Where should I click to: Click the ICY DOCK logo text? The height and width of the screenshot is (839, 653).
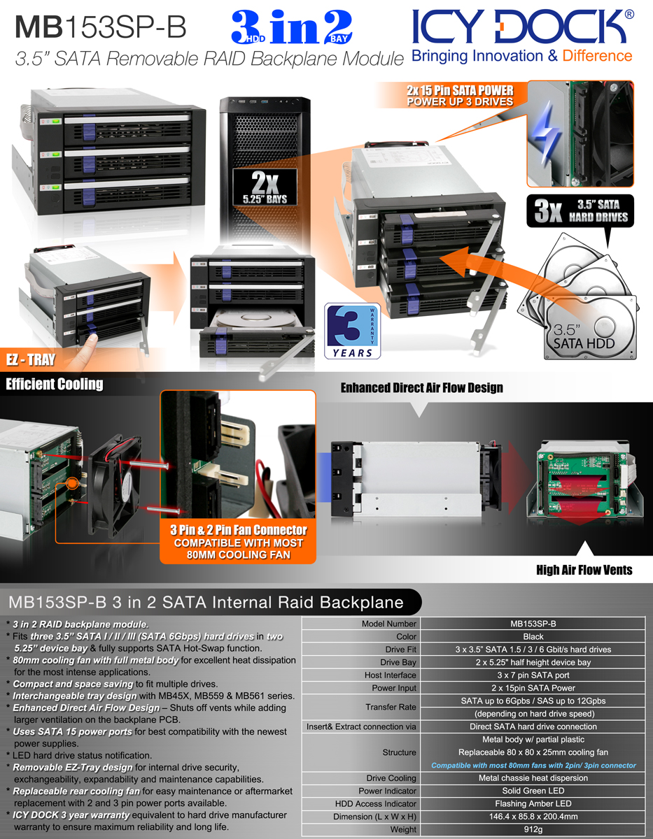(521, 27)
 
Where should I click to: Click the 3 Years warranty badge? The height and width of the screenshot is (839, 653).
(353, 331)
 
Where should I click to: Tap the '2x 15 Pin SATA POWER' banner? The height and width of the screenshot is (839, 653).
(460, 96)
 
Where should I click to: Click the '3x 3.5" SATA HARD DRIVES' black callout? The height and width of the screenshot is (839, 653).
(580, 212)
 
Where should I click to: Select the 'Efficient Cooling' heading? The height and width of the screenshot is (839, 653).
(55, 384)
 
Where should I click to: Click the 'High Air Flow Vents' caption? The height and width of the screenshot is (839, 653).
(584, 570)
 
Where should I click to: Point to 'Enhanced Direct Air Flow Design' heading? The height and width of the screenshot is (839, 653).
(421, 387)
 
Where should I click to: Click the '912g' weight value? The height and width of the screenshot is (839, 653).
(533, 829)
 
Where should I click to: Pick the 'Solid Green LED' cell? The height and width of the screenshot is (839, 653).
(533, 791)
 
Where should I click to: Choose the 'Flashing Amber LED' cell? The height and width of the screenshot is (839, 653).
(533, 804)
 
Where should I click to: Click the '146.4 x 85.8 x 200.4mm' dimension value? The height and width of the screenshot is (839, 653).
(533, 817)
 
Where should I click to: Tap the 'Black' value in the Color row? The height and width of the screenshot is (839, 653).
(533, 637)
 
